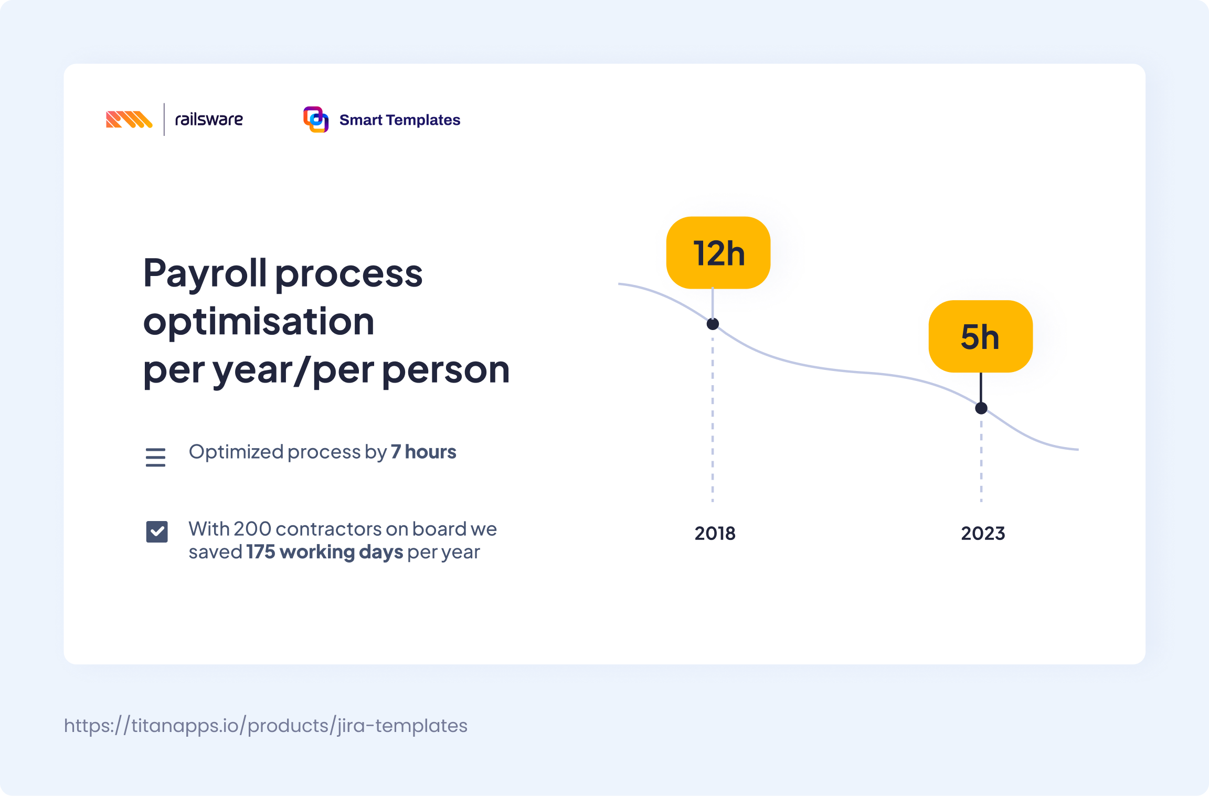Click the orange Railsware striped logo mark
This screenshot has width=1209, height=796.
pyautogui.click(x=129, y=120)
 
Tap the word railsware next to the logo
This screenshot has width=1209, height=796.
pyautogui.click(x=209, y=120)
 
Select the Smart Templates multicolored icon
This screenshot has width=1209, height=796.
pyautogui.click(x=316, y=120)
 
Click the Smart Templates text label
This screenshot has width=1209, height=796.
pyautogui.click(x=399, y=120)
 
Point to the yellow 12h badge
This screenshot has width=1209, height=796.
pyautogui.click(x=718, y=253)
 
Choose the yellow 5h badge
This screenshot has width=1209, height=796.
pyautogui.click(x=980, y=336)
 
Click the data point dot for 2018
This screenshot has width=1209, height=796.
pyautogui.click(x=713, y=324)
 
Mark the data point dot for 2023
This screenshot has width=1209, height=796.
pyautogui.click(x=981, y=408)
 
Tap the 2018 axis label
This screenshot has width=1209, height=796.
pyautogui.click(x=715, y=533)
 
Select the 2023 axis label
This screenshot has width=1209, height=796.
pyautogui.click(x=983, y=533)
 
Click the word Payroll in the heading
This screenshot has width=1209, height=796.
pyautogui.click(x=205, y=273)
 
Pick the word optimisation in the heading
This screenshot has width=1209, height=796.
pyautogui.click(x=259, y=322)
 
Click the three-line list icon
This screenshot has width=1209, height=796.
pyautogui.click(x=155, y=457)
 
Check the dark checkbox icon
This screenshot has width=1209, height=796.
pyautogui.click(x=157, y=532)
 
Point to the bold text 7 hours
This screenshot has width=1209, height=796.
pyautogui.click(x=423, y=452)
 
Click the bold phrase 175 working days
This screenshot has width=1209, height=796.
pyautogui.click(x=325, y=552)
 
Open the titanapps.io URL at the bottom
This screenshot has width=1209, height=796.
pyautogui.click(x=266, y=726)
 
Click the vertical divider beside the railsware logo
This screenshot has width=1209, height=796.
pyautogui.click(x=164, y=120)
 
